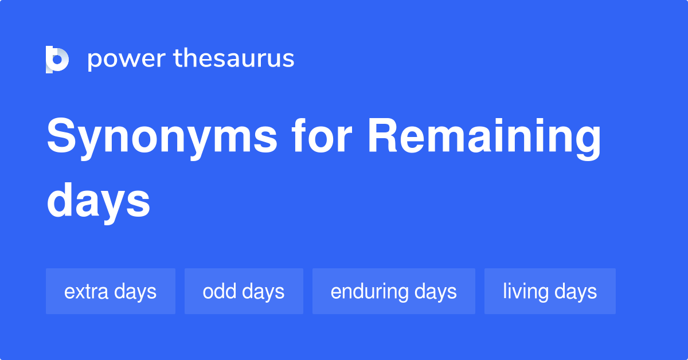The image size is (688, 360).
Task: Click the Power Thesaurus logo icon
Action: (x=57, y=59)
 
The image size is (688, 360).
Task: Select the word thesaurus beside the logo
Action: (x=234, y=58)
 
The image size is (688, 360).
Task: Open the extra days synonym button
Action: (x=110, y=291)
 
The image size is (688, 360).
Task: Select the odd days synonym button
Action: (x=244, y=291)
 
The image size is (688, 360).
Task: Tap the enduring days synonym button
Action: (x=393, y=291)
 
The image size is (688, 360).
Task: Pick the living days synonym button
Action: (x=550, y=291)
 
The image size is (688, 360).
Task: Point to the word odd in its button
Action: (x=219, y=291)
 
